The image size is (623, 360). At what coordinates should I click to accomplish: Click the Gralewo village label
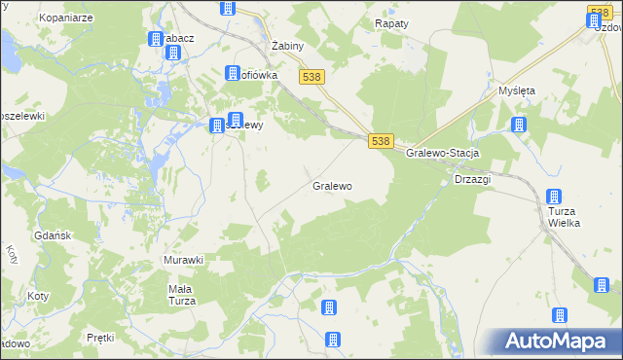tap(332, 185)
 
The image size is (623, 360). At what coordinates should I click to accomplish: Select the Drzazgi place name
tap(472, 179)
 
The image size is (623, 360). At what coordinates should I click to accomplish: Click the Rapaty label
tap(391, 22)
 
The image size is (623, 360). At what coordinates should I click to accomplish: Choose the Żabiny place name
tap(289, 46)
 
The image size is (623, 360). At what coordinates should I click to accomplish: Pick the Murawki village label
tap(182, 260)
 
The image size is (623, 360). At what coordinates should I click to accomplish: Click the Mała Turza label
tap(182, 295)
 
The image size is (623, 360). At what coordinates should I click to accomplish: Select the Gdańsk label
tap(53, 237)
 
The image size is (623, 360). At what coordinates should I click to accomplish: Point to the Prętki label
tap(100, 338)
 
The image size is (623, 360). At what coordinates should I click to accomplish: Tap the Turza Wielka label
tap(564, 217)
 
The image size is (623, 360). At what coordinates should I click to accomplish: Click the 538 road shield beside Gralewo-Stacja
tap(381, 141)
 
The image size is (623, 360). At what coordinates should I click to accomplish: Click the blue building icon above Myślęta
tap(519, 125)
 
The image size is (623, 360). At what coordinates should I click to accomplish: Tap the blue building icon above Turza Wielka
tap(554, 197)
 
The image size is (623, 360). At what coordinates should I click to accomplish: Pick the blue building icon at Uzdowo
tap(598, 18)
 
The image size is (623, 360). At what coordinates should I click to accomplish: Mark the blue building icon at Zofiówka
tap(233, 73)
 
